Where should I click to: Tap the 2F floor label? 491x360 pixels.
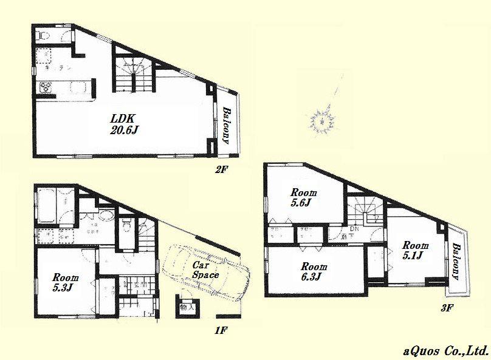(221, 169)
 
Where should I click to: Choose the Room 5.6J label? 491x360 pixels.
(301, 198)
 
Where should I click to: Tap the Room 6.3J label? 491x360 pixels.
(314, 271)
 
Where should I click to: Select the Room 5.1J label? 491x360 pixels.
(415, 250)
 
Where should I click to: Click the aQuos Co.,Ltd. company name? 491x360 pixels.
(445, 350)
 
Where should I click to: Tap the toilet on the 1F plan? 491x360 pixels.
(126, 226)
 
